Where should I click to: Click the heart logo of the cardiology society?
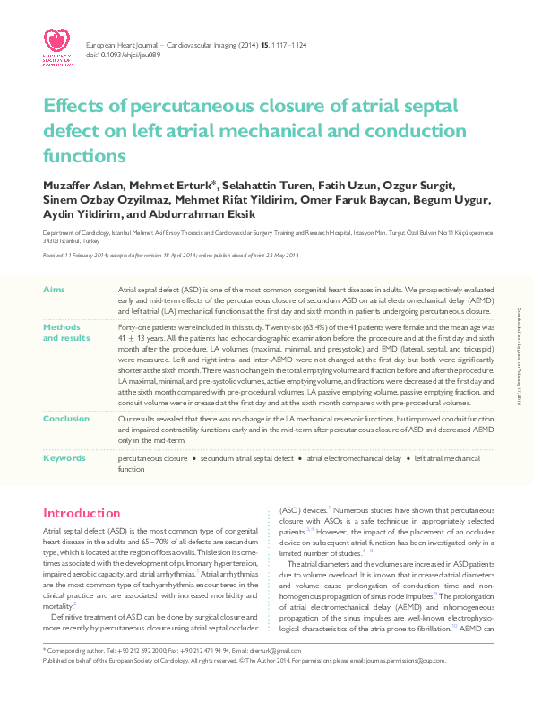pos(58,39)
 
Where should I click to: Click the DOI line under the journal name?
pos(123,55)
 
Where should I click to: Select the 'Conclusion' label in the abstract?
pos(66,418)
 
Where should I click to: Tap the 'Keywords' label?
pos(65,457)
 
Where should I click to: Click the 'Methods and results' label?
pos(66,334)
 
